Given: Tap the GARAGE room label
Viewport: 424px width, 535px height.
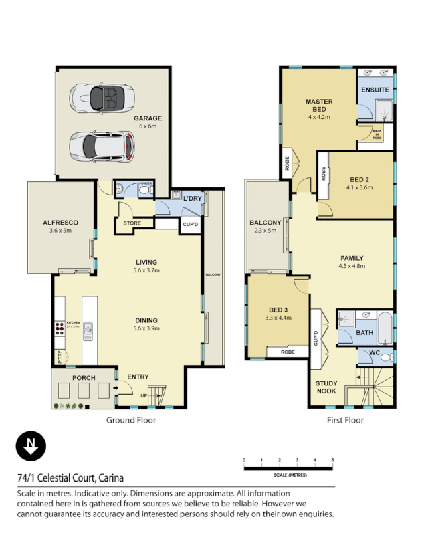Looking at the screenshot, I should coord(150,118).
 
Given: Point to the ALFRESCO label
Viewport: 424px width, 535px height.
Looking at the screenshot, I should coord(61,222).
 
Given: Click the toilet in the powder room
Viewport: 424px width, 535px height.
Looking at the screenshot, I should coord(145,191).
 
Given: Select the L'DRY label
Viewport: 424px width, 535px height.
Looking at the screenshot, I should coord(193,198).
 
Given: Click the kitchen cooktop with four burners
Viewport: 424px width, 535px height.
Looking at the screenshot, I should coord(60,328).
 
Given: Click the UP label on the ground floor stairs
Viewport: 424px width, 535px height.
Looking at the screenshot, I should coord(144,396).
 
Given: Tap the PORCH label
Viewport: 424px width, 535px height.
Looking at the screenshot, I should coord(84,378).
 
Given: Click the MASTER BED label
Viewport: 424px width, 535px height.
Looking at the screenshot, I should coord(319,105).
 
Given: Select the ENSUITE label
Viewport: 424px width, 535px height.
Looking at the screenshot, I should coord(375,90).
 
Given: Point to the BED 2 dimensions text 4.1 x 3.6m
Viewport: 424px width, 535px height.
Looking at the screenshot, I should coord(360,188).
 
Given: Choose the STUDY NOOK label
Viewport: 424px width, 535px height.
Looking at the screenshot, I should coord(327,387).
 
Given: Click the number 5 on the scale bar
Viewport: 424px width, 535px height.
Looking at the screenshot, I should coord(332,460).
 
